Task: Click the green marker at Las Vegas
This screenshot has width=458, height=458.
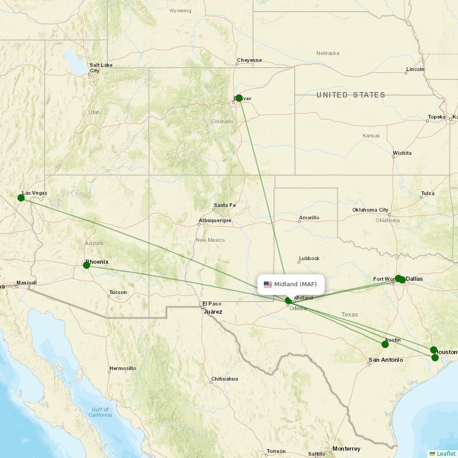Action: tap(21, 198)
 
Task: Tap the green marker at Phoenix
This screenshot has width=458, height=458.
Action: tap(87, 265)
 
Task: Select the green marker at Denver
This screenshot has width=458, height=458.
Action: tap(239, 98)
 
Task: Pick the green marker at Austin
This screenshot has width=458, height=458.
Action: tap(385, 344)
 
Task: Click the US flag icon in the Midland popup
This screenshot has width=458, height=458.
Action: tap(268, 284)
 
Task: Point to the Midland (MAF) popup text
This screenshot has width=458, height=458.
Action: tap(295, 284)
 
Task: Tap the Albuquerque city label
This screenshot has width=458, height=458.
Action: tap(215, 220)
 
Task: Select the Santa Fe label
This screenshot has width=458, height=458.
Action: tap(224, 205)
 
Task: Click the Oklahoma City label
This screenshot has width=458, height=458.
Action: tap(371, 210)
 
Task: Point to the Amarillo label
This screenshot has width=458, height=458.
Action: tap(309, 218)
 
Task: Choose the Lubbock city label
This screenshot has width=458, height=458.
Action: tap(309, 258)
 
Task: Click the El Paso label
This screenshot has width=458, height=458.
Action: tap(212, 304)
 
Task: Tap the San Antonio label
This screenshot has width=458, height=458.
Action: tap(386, 360)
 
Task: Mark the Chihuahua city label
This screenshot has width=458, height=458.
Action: tap(224, 379)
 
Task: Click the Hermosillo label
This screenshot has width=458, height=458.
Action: tap(123, 368)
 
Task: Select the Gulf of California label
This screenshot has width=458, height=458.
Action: tap(100, 412)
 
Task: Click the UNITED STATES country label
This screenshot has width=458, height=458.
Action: tap(351, 95)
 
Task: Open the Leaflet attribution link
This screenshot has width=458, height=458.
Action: tap(446, 453)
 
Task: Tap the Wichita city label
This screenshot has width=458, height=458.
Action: tap(402, 153)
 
